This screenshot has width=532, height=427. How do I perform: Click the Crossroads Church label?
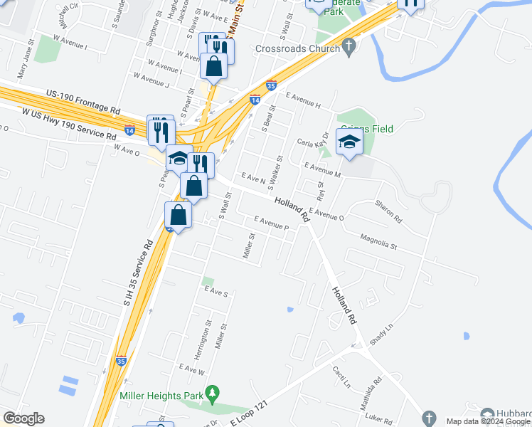click(x=297, y=49)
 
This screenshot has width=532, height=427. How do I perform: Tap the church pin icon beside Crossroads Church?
click(x=348, y=48)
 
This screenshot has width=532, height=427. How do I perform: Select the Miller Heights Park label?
click(x=161, y=395)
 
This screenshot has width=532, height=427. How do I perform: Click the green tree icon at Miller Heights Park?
click(x=212, y=394)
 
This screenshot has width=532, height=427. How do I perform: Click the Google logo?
click(x=24, y=418)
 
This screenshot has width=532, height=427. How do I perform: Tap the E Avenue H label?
click(x=304, y=100)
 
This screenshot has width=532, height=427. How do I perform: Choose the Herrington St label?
click(x=208, y=333)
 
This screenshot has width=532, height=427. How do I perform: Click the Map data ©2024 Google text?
click(x=488, y=421)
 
